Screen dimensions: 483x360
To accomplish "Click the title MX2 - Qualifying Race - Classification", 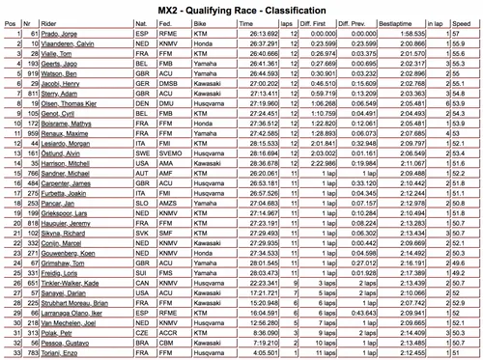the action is [241, 10].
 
